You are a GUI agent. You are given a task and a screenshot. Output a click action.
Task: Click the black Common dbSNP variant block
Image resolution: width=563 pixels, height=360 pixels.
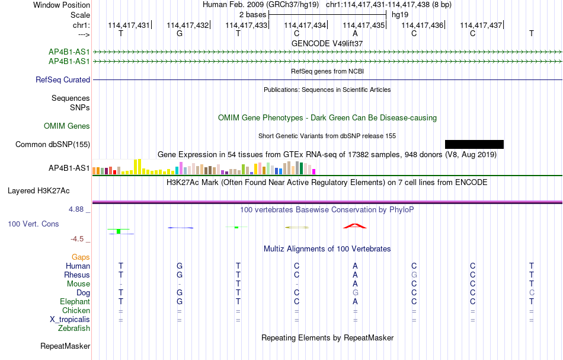[x=474, y=145]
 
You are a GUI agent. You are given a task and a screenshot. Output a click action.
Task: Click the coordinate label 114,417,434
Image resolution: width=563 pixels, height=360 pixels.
[x=305, y=25]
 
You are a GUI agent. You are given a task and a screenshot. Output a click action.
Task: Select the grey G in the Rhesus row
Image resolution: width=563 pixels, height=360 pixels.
[x=414, y=275]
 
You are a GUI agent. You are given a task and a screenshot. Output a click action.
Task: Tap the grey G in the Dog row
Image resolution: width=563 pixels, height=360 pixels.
[x=355, y=292]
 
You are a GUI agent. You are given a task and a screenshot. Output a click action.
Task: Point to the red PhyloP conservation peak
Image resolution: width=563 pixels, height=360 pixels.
[x=355, y=226]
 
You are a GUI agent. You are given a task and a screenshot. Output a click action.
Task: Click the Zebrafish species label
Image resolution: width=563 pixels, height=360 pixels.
[x=74, y=328]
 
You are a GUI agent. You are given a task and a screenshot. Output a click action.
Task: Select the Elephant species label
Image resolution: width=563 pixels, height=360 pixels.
[x=75, y=301]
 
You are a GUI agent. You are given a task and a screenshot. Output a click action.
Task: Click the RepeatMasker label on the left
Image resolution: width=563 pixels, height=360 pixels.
[x=65, y=346]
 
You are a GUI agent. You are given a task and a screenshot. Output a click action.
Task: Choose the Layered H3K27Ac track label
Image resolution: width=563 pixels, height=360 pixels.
[x=39, y=191]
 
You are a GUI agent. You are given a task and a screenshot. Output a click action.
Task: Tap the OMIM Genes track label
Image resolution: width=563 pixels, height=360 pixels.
[x=67, y=126]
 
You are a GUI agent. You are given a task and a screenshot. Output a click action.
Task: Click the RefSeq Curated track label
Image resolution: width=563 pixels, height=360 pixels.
[x=63, y=79]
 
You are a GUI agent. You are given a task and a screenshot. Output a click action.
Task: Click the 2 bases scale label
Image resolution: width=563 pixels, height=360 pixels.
[x=253, y=15]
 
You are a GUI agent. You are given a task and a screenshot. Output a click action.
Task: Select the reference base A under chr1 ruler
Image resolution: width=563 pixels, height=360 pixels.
[x=355, y=33]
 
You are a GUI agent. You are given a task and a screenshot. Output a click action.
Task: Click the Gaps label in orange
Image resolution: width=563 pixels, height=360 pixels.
[x=81, y=257]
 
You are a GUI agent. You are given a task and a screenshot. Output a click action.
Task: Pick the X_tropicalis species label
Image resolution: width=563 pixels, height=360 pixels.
[x=70, y=320]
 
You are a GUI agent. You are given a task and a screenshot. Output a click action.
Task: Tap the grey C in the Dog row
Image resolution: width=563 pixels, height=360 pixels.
[x=532, y=292]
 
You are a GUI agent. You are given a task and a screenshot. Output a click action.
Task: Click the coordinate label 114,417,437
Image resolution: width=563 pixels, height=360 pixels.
[x=481, y=25]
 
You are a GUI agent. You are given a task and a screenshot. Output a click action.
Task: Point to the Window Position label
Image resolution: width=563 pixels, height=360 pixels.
[x=62, y=5]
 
